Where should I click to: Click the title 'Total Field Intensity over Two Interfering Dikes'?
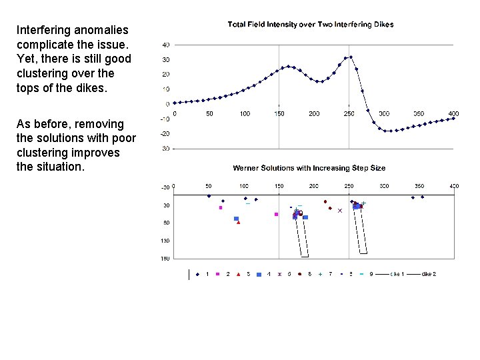310,25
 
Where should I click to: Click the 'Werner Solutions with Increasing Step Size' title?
309,168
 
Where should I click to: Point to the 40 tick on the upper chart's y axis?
165,45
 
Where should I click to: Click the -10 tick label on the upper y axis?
165,119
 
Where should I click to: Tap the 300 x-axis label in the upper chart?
384,114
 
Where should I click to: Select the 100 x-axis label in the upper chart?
245,114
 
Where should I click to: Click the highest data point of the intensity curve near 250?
351,57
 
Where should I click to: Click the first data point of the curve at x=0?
174,103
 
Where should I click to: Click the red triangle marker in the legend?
239,274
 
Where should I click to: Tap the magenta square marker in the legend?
218,274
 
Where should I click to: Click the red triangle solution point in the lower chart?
238,222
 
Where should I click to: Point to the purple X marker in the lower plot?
339,211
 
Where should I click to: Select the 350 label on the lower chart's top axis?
419,186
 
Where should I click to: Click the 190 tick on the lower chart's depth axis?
165,258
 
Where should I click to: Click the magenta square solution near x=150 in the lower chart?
276,214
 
